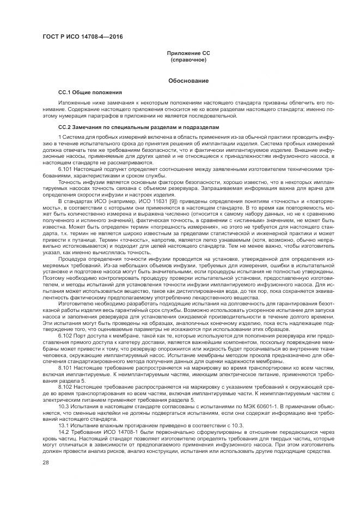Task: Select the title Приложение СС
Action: (x=188, y=53)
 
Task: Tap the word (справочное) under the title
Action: (x=188, y=59)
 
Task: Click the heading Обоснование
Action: (x=188, y=81)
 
